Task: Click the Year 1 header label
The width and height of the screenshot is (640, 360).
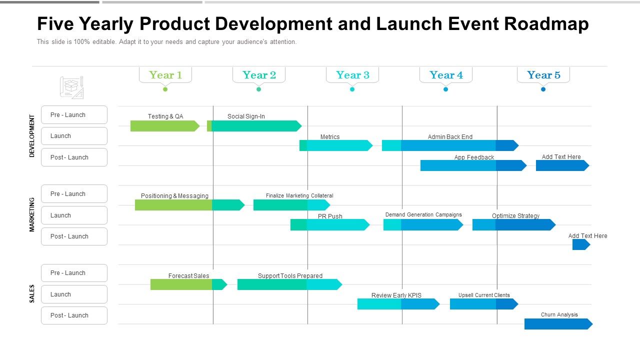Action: pyautogui.click(x=165, y=75)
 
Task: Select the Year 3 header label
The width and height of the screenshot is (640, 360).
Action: pyautogui.click(x=352, y=75)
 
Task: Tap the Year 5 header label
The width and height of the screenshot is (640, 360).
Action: pyautogui.click(x=543, y=75)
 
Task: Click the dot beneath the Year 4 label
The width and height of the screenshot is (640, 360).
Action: pyautogui.click(x=445, y=89)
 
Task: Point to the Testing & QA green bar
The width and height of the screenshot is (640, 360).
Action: pyautogui.click(x=164, y=126)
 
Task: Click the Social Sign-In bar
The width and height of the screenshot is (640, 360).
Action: pyautogui.click(x=255, y=126)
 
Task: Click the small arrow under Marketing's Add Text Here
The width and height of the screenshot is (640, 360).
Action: pyautogui.click(x=581, y=244)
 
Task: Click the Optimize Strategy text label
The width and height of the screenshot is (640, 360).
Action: pyautogui.click(x=515, y=216)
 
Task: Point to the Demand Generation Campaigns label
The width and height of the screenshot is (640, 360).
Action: pyautogui.click(x=423, y=214)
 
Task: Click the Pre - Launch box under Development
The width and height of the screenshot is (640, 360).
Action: pyautogui.click(x=74, y=115)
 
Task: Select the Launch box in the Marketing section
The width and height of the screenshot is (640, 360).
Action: pyautogui.click(x=74, y=215)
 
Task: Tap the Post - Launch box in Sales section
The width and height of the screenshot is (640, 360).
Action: pyautogui.click(x=74, y=315)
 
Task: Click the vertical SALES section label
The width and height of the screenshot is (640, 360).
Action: pyautogui.click(x=32, y=294)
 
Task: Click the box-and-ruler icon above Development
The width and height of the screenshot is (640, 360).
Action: pyautogui.click(x=71, y=87)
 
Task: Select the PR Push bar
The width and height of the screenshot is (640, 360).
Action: pyautogui.click(x=329, y=225)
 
